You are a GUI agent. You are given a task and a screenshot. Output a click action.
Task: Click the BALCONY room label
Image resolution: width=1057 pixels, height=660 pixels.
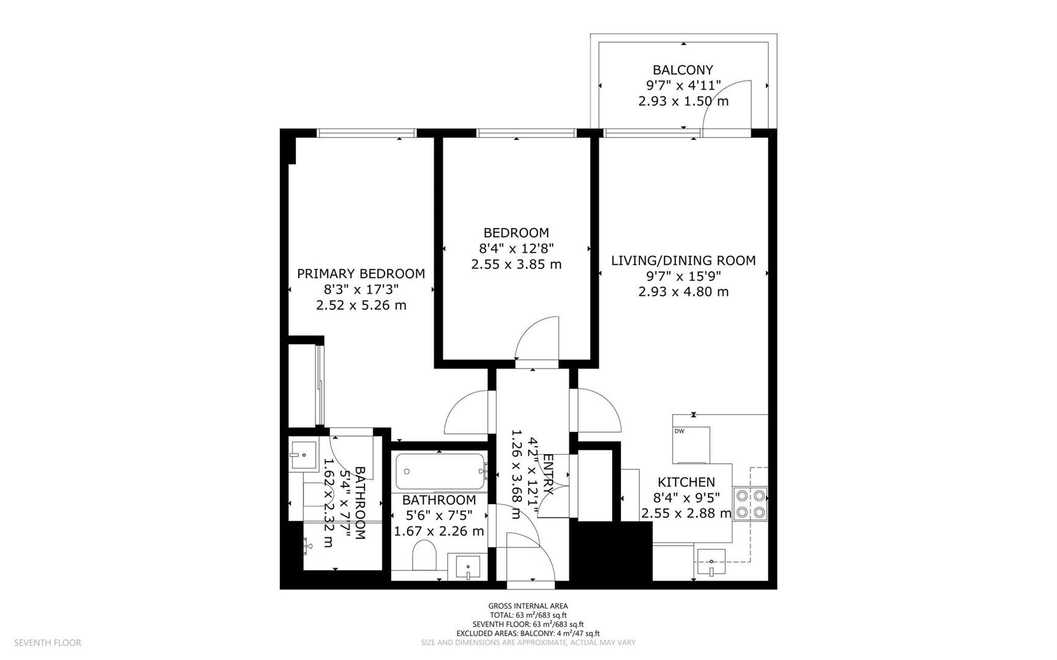683,70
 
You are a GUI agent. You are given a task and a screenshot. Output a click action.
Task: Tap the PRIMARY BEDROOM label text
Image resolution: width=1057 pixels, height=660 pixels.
361,274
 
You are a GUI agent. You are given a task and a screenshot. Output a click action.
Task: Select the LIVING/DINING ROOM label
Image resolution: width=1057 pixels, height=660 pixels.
683,260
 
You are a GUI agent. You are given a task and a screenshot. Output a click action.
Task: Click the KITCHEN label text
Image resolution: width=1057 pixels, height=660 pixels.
686,482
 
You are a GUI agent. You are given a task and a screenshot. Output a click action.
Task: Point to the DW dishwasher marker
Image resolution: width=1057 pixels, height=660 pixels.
679,431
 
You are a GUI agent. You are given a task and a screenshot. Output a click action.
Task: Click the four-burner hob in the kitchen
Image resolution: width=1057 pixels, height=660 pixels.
751,504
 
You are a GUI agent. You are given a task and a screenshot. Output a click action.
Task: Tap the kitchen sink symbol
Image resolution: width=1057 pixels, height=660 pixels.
712,562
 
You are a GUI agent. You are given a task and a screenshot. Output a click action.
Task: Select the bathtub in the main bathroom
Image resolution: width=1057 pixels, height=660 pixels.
440,471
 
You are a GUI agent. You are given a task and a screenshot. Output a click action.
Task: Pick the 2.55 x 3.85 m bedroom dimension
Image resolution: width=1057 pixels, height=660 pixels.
516,264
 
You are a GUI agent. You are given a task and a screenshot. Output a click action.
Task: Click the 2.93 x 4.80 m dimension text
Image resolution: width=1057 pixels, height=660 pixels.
683,291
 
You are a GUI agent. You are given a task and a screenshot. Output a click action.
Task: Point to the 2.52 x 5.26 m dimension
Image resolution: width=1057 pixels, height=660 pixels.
361,305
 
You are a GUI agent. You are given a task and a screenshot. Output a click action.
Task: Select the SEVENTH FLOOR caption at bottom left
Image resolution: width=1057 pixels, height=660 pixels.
48,642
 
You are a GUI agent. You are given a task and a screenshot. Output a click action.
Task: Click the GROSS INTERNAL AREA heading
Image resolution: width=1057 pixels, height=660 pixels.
528,606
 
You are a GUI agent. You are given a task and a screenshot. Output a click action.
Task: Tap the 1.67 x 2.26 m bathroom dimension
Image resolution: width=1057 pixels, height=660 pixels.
439,531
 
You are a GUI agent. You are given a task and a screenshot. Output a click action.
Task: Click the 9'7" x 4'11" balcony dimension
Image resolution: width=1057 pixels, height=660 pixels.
683,85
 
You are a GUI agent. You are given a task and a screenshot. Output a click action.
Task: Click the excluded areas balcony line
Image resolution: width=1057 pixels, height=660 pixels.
528,633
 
